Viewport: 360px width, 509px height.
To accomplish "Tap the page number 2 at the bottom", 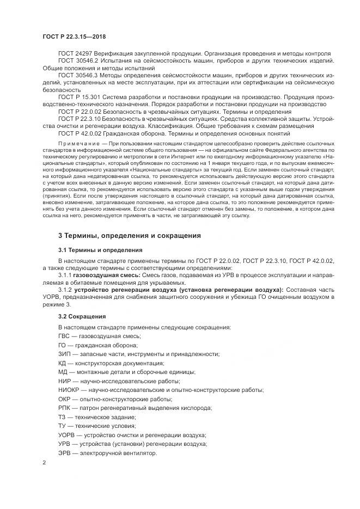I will click(44, 463).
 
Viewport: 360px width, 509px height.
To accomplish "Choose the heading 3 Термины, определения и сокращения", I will click(130, 236).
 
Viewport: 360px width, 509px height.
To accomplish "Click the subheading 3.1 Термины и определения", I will click(101, 250).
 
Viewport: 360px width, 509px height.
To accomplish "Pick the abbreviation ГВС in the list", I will click(64, 336).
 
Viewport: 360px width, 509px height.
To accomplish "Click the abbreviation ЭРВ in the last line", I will click(65, 453).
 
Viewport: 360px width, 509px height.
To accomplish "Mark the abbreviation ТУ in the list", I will click(63, 426).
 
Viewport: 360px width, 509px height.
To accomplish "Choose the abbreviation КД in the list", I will click(63, 363).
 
